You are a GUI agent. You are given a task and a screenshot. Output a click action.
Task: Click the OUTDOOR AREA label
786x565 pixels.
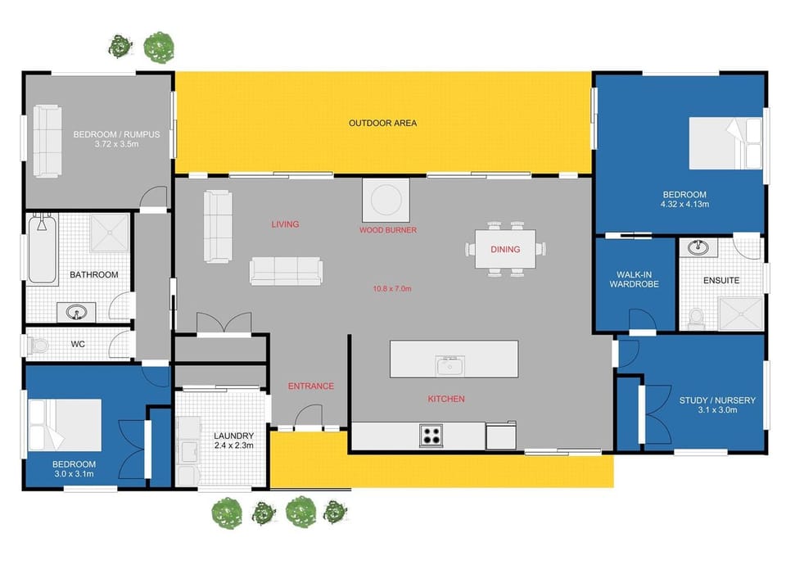[382, 123]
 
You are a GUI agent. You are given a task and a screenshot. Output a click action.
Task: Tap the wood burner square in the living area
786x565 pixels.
[386, 200]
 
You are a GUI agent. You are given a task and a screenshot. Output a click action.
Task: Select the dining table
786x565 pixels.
[505, 249]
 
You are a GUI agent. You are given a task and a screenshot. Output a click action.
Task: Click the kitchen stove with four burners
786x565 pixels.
[431, 435]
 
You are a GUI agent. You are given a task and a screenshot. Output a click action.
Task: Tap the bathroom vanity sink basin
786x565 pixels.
[76, 313]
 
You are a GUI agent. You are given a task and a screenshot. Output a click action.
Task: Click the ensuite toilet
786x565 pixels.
[697, 319]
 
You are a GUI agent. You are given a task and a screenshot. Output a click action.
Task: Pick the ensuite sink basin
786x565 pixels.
[698, 246]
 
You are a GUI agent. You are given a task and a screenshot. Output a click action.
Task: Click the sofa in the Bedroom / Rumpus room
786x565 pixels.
[47, 141]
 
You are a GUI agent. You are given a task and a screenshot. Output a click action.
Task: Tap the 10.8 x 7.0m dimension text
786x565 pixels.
[392, 289]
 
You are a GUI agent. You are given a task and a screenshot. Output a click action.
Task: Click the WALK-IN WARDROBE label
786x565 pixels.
[634, 279]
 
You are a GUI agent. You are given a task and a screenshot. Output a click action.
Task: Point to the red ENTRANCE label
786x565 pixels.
[311, 386]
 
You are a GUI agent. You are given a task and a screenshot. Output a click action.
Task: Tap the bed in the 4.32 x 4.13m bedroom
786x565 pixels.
[725, 143]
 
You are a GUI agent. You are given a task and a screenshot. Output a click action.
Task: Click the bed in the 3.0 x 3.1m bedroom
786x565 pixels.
[65, 425]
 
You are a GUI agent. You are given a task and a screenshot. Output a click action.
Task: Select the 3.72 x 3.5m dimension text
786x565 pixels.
[116, 144]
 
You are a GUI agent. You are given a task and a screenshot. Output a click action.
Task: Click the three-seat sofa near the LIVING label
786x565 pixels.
[286, 271]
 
